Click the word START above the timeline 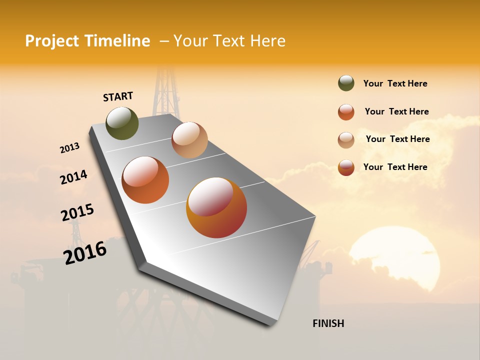click(118, 96)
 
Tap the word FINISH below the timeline click(328, 323)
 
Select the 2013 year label click(70, 148)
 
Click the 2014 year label click(73, 177)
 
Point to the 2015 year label click(77, 212)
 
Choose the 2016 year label click(85, 252)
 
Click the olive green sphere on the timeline click(122, 123)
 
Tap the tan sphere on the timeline click(189, 140)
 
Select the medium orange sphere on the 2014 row click(145, 180)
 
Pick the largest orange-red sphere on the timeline click(216, 207)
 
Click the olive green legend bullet click(346, 83)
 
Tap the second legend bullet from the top click(346, 112)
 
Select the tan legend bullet click(346, 139)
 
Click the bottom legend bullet click(346, 167)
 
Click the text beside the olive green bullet click(395, 84)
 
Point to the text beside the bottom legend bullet click(395, 167)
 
